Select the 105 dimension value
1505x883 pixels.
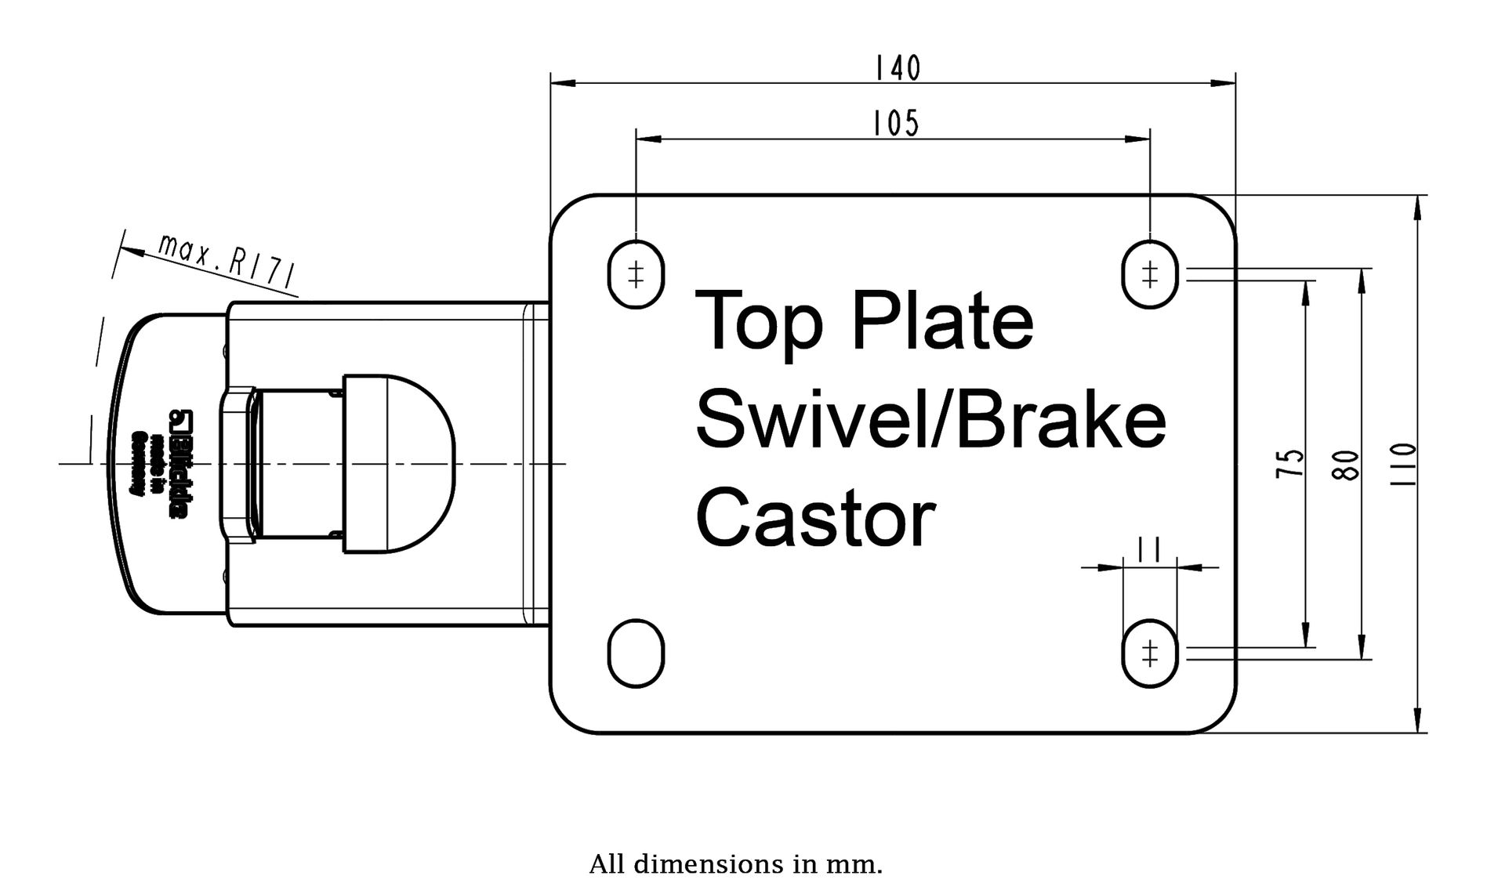pos(896,124)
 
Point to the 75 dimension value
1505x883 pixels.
pos(1290,463)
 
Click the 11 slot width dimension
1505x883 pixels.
pos(1149,551)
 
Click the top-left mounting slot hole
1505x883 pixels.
pos(636,274)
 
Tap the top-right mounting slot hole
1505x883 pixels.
pos(1150,274)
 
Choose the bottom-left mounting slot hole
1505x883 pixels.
pos(636,653)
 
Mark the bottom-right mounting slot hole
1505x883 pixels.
pos(1150,653)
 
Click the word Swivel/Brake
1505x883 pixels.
pos(930,422)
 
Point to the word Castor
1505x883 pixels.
pos(815,518)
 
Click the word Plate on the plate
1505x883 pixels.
pos(941,321)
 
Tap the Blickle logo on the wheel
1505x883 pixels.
pos(178,464)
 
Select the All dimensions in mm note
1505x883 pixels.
pos(735,865)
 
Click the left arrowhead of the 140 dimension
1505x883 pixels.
pos(561,81)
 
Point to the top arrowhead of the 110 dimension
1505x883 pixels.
pos(1416,206)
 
